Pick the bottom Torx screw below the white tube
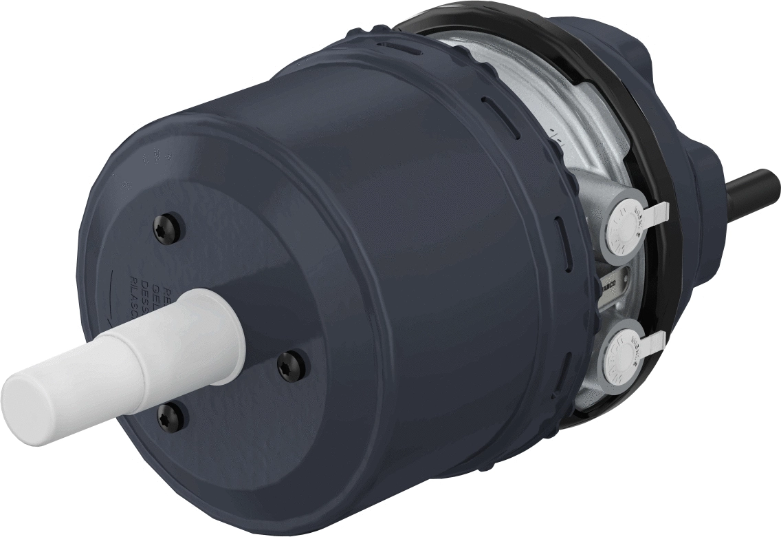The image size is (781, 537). (x=170, y=413)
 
